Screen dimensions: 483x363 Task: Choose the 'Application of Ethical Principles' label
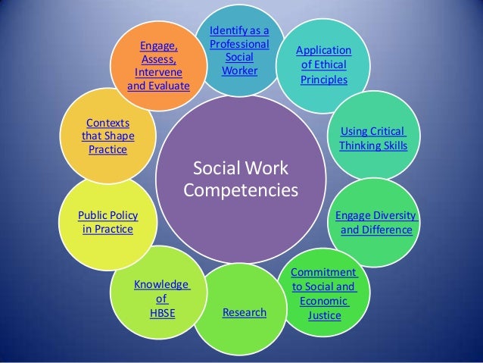[323, 65]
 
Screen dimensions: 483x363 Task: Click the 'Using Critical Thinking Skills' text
[373, 138]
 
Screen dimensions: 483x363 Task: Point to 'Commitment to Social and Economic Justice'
[323, 293]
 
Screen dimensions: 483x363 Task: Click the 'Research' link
[244, 312]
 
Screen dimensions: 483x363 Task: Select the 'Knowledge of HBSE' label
[161, 299]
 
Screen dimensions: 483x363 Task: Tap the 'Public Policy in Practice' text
[108, 222]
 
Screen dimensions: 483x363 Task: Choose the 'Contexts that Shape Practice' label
[108, 136]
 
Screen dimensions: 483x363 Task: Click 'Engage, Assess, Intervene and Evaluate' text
[158, 66]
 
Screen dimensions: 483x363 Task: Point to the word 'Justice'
[323, 314]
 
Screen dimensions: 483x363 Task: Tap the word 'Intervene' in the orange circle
[158, 73]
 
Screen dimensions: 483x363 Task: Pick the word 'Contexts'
[108, 123]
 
